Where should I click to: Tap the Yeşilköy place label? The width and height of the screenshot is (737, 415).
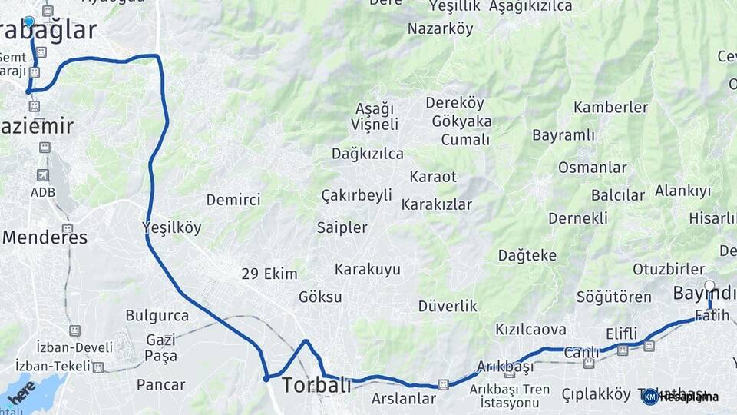click(172, 227)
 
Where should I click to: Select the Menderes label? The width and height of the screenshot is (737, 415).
click(45, 237)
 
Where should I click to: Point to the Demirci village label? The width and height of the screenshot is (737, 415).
click(233, 200)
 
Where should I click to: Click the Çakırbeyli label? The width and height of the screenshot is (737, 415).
click(356, 195)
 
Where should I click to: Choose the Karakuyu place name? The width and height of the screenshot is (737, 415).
click(367, 269)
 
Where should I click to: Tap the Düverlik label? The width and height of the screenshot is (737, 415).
click(448, 306)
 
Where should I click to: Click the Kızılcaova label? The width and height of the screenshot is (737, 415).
click(530, 330)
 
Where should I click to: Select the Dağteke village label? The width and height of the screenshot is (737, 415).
click(527, 255)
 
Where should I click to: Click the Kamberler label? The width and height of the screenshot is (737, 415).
click(610, 107)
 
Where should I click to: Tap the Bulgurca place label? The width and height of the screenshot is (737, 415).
click(157, 316)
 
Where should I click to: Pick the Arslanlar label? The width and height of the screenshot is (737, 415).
click(403, 399)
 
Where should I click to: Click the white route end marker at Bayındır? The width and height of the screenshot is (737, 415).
click(709, 287)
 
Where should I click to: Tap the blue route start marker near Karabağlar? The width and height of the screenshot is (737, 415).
click(29, 22)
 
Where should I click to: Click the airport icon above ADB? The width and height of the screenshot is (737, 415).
click(42, 176)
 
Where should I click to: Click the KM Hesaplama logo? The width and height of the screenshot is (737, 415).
click(681, 397)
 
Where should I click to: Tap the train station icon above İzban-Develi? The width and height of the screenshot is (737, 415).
click(74, 330)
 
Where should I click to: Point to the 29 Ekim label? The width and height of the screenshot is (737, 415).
click(269, 274)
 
